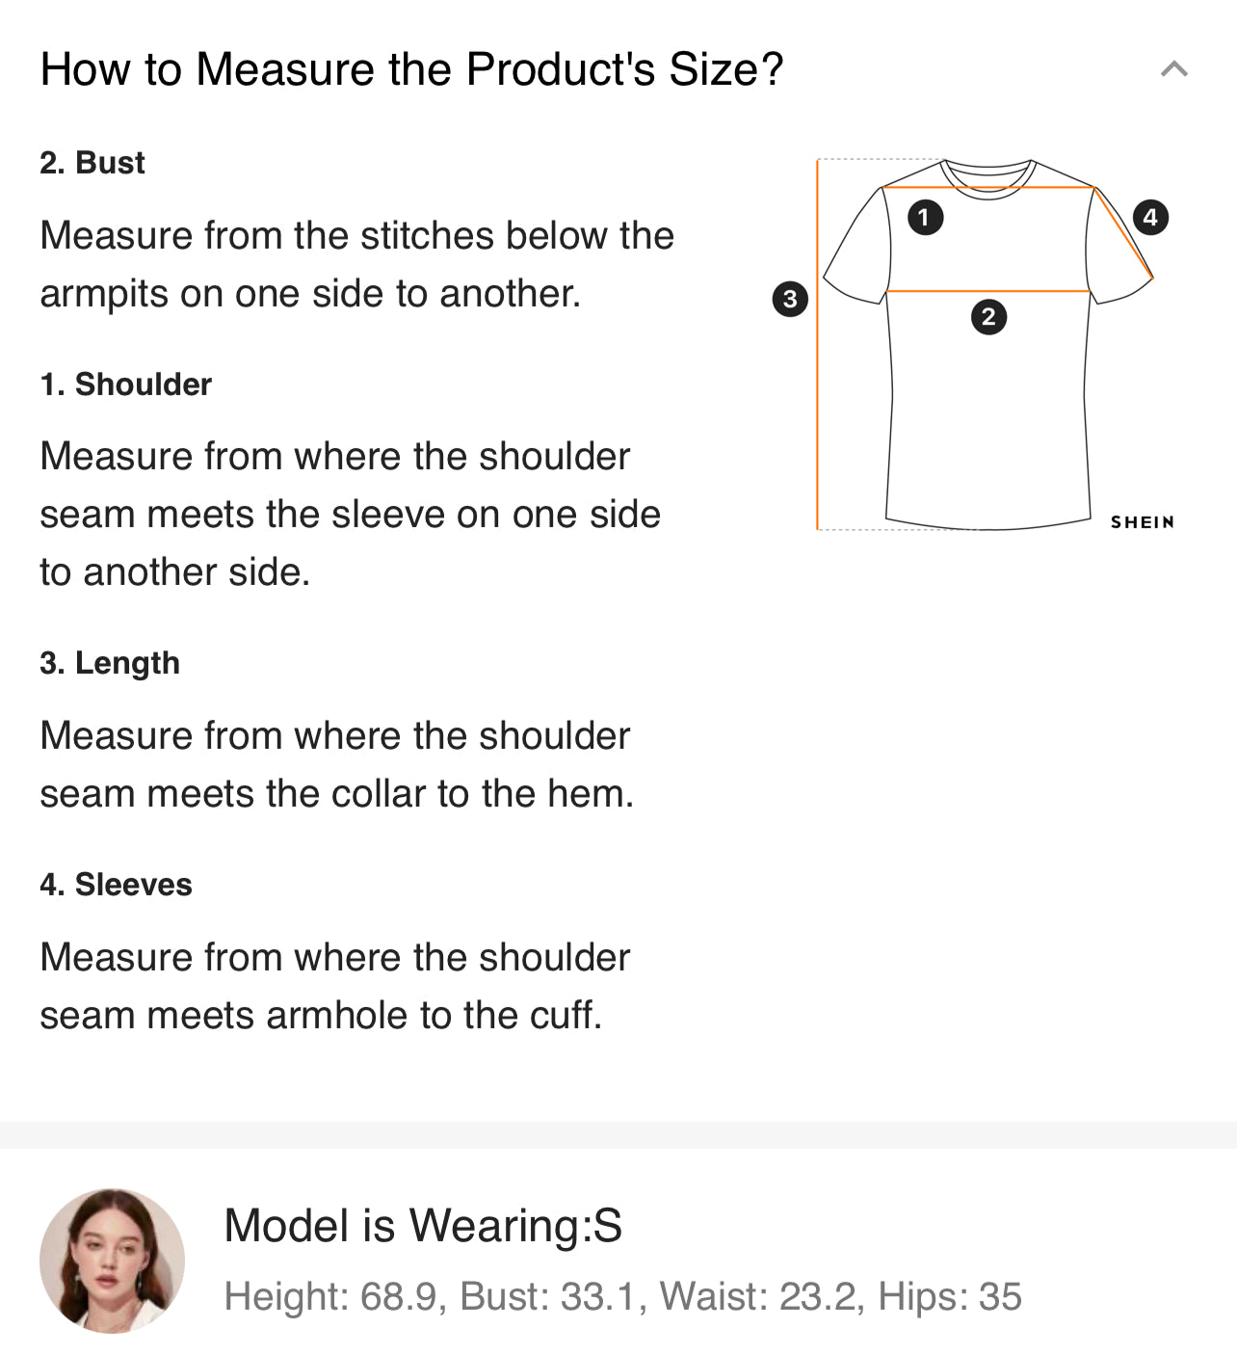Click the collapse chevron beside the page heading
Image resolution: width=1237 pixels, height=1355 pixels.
pyautogui.click(x=1174, y=68)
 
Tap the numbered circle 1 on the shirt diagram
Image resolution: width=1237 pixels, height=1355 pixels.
pyautogui.click(x=925, y=218)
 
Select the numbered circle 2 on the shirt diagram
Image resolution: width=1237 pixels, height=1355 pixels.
pyautogui.click(x=988, y=317)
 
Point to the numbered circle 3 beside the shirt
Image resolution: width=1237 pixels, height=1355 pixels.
pyautogui.click(x=790, y=299)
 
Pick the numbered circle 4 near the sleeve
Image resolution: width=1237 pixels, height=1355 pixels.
pyautogui.click(x=1150, y=218)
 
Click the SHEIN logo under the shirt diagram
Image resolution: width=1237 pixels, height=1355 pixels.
pyautogui.click(x=1143, y=522)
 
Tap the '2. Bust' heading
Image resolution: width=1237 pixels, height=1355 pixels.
pyautogui.click(x=92, y=163)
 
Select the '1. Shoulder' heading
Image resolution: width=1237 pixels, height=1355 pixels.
pyautogui.click(x=125, y=385)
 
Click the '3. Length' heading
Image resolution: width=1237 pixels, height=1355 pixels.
pyautogui.click(x=110, y=663)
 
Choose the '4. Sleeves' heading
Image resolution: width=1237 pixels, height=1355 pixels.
pyautogui.click(x=116, y=885)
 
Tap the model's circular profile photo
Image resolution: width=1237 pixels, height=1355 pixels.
pyautogui.click(x=112, y=1262)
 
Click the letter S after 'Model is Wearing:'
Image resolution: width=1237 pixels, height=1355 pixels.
pyautogui.click(x=607, y=1225)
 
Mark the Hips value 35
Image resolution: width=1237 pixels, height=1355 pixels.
pyautogui.click(x=1000, y=1296)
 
